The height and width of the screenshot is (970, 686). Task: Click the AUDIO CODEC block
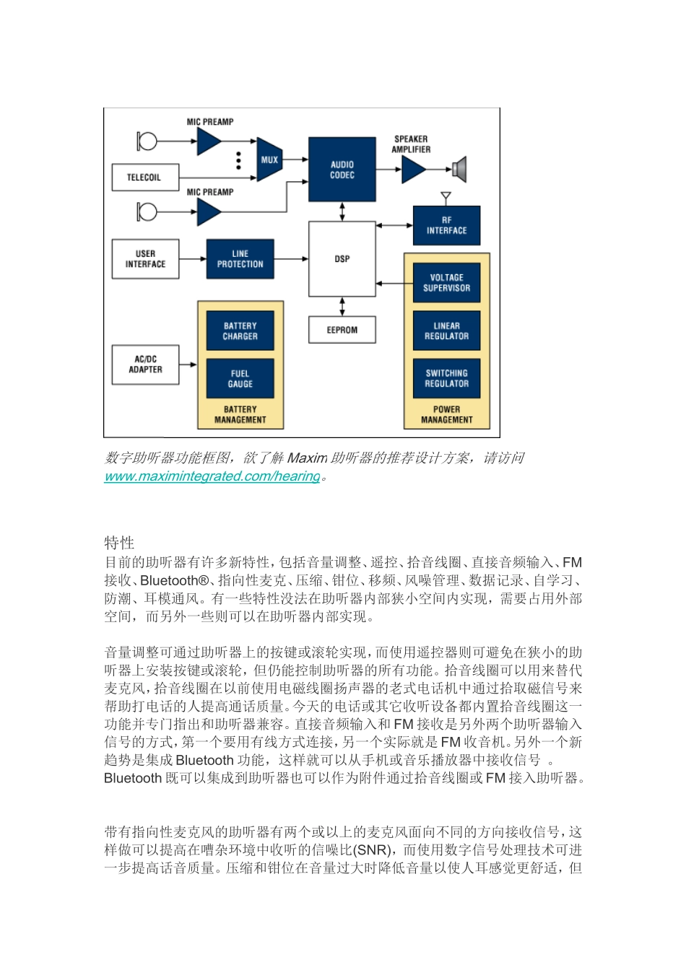[342, 170]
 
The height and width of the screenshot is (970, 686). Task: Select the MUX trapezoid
[269, 160]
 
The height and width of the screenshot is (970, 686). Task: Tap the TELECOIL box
[144, 178]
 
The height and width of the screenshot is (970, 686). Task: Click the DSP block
[342, 258]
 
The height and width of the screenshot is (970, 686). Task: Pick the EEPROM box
[342, 330]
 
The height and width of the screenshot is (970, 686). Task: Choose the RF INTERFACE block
[446, 225]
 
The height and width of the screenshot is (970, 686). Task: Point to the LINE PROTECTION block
[240, 259]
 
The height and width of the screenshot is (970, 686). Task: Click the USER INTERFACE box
[145, 259]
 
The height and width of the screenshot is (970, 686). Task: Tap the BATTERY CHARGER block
[240, 331]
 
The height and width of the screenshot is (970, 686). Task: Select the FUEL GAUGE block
[240, 379]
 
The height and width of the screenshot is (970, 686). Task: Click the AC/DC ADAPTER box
[145, 364]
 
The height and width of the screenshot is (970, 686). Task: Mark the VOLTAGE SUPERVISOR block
[446, 283]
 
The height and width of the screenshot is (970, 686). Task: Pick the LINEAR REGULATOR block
[446, 331]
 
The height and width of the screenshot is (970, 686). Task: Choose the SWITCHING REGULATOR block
[446, 379]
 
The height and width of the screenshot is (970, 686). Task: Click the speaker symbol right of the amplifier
[459, 170]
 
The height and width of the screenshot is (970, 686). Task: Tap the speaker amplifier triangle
[413, 170]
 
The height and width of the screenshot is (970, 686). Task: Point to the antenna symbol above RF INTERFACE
[446, 196]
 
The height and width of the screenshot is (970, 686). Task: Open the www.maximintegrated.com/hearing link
[212, 476]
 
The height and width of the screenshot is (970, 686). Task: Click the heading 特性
[119, 543]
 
